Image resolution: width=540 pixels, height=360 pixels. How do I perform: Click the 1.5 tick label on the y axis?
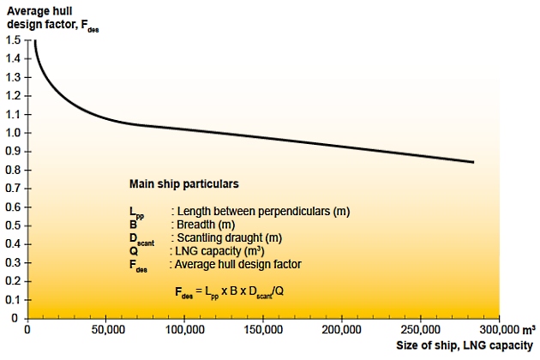click(x=12, y=40)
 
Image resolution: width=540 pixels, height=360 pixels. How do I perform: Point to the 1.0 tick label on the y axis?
click(x=12, y=133)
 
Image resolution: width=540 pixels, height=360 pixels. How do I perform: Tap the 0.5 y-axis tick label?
click(x=12, y=225)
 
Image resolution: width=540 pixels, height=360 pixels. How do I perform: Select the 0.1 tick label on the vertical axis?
click(x=12, y=299)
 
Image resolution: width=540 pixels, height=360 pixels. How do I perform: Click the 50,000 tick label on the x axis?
click(x=105, y=330)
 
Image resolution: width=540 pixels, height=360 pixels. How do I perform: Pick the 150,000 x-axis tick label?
click(x=263, y=330)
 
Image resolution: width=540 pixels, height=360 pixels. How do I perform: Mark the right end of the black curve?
click(x=473, y=162)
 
